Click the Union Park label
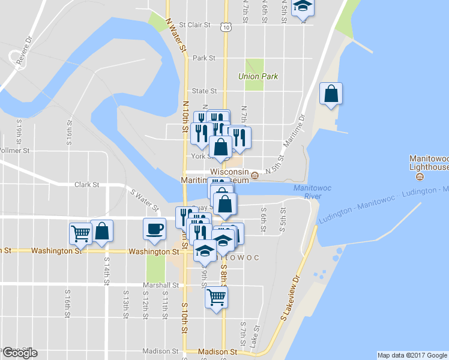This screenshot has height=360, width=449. (x=257, y=77)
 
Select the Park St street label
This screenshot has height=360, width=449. (x=204, y=58)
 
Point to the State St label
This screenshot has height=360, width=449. (x=204, y=91)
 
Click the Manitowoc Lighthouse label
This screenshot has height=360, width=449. (x=429, y=163)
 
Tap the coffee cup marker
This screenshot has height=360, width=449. (x=154, y=229)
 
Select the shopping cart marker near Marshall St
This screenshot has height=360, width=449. (x=216, y=297)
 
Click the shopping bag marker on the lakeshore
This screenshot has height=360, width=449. (x=331, y=94)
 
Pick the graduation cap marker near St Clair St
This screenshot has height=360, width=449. (x=303, y=8)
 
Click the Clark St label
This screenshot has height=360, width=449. (x=86, y=185)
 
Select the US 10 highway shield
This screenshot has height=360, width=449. (x=224, y=26)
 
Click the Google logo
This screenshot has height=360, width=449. (x=19, y=353)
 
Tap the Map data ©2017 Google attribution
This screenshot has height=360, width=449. (x=412, y=355)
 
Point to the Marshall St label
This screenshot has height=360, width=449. (x=161, y=285)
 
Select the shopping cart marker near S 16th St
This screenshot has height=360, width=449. (x=81, y=234)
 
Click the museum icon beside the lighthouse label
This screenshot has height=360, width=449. (x=419, y=176)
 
